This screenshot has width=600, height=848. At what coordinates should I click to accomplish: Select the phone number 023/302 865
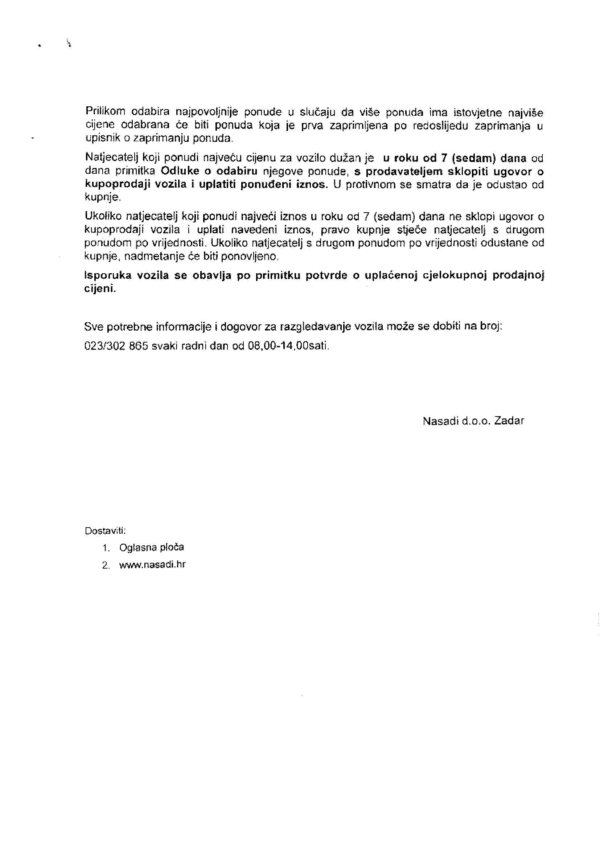point(116,346)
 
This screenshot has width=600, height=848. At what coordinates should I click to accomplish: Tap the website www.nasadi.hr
point(152,565)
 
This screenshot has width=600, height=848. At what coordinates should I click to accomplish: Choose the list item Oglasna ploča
point(152,547)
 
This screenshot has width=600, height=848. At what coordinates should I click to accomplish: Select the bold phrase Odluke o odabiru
point(209,171)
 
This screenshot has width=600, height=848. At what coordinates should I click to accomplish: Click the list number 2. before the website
point(106,565)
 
